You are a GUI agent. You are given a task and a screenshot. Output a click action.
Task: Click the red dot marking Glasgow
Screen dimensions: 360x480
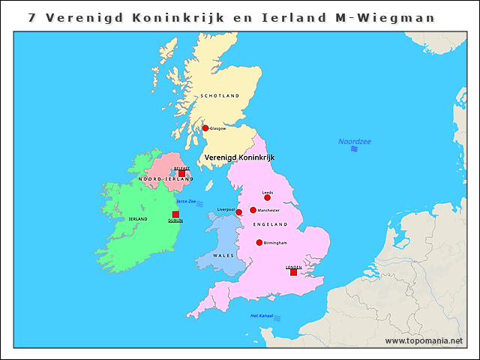pos(205,128)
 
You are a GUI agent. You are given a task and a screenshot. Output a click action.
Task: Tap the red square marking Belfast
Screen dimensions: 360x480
pos(181,173)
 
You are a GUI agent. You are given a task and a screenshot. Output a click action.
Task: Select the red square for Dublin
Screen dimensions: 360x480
pos(175,214)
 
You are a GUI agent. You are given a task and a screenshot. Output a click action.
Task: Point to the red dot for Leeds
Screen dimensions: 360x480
pos(267,198)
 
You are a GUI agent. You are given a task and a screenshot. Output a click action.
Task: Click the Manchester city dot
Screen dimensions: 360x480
pos(253,210)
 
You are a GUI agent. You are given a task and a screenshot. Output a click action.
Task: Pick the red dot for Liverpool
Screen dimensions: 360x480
pos(238,212)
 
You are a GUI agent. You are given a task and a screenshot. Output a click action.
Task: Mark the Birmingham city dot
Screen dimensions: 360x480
pos(259,242)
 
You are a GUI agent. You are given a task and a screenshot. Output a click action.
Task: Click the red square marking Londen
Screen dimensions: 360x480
pos(293,272)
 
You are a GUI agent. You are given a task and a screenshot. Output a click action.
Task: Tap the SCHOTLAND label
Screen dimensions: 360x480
pos(220,96)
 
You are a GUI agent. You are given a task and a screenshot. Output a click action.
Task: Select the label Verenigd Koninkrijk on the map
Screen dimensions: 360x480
pos(240,157)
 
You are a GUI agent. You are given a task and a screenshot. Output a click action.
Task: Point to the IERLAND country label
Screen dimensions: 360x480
pos(138,219)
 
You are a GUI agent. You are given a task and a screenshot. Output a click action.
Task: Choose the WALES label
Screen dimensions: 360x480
pos(223,256)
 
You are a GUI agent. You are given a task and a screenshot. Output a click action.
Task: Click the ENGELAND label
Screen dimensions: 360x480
pos(271,225)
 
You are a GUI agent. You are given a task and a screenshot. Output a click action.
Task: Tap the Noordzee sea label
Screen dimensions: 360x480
pos(354,142)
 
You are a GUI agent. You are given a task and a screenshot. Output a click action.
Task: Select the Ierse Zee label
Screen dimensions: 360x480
pos(186,202)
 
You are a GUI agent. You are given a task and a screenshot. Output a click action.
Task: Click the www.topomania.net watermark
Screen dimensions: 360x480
pos(424,340)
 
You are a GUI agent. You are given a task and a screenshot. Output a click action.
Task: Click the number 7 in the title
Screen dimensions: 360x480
pos(31,18)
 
